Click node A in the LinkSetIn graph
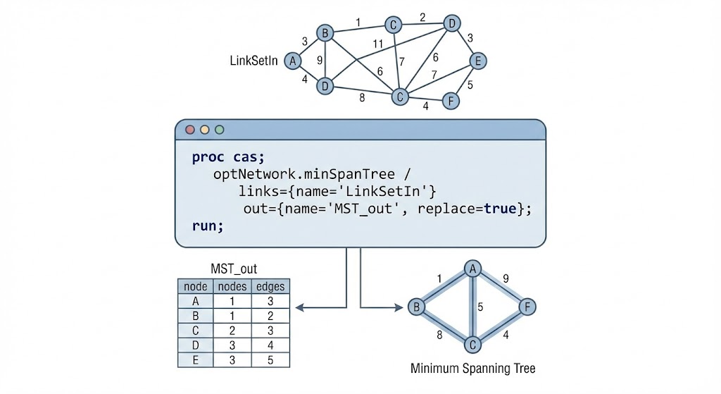(x=292, y=62)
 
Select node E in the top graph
(x=477, y=61)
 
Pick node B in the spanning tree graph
(x=415, y=307)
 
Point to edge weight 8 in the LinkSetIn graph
(x=362, y=98)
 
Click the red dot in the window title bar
(x=189, y=130)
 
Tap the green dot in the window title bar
(x=220, y=130)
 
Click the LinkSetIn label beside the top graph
(x=254, y=61)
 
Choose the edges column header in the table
(x=270, y=286)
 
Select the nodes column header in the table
(x=232, y=286)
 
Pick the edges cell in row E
(x=270, y=359)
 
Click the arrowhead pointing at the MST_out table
(x=299, y=307)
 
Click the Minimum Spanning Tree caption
(x=472, y=369)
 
